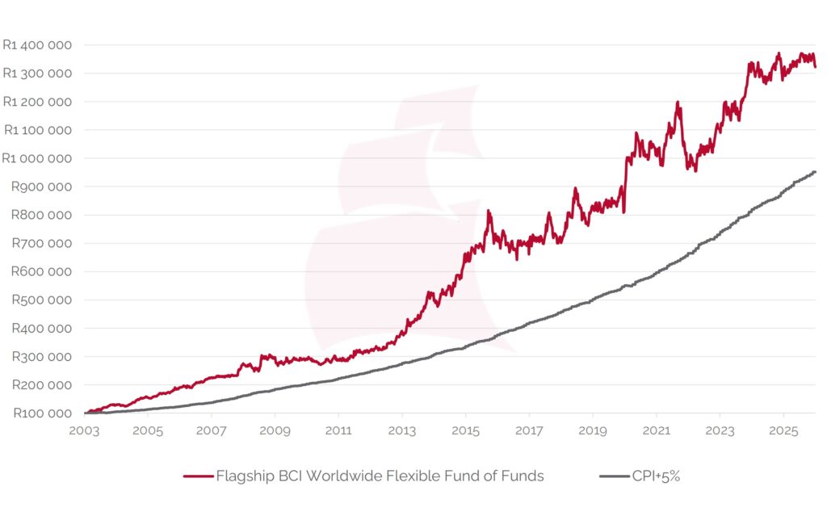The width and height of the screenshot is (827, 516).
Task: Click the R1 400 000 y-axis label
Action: tap(37, 45)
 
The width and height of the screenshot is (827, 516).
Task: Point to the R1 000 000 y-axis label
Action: tap(37, 158)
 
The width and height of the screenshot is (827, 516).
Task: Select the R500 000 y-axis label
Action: tap(41, 300)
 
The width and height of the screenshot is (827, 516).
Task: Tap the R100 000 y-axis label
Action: tap(41, 413)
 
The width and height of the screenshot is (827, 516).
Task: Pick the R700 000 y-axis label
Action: tap(41, 243)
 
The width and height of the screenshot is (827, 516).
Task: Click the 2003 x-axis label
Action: tap(84, 430)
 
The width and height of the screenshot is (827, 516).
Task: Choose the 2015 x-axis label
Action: tap(465, 430)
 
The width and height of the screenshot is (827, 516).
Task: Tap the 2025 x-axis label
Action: tap(783, 430)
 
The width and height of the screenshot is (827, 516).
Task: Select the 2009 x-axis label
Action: tap(275, 430)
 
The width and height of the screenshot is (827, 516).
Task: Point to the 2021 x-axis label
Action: tap(656, 430)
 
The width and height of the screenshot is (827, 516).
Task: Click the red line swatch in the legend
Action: tap(197, 476)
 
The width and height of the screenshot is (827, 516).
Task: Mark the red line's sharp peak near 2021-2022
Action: tap(678, 103)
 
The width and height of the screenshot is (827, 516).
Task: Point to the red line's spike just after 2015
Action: tap(489, 212)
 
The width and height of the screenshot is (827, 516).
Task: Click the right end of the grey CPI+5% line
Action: tap(815, 171)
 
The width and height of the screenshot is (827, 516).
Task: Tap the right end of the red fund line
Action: tap(815, 66)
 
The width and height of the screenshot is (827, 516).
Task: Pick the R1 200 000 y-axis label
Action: tap(37, 102)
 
